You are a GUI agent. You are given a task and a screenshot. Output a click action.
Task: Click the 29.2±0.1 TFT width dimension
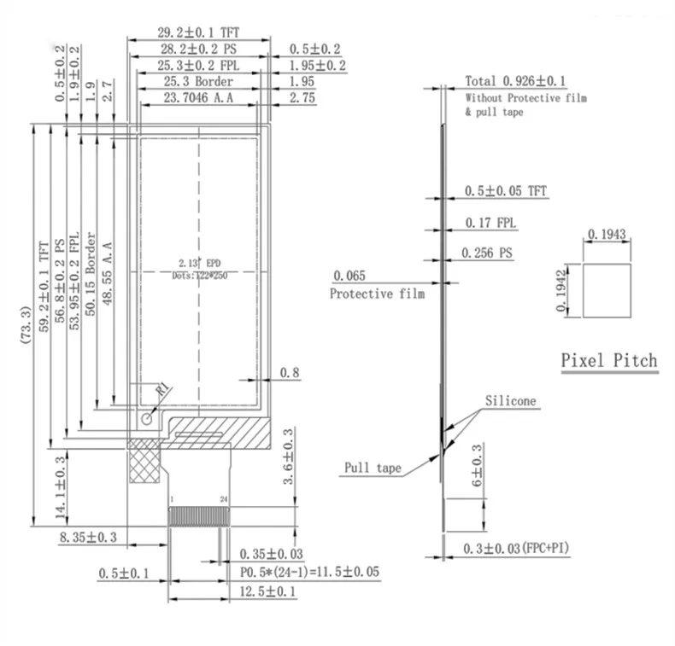(198, 32)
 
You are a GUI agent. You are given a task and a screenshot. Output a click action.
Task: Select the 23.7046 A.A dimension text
(197, 99)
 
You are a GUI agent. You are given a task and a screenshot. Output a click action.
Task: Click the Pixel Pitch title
(609, 360)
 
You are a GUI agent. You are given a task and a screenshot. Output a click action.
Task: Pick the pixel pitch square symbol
(607, 289)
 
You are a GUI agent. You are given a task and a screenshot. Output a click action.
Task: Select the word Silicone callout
(511, 401)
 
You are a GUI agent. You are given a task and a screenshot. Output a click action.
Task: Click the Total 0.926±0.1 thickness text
(515, 81)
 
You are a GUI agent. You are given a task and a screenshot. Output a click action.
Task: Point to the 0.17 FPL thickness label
(489, 224)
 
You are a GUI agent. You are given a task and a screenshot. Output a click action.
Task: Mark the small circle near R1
(147, 418)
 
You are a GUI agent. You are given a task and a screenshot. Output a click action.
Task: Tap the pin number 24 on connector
(223, 498)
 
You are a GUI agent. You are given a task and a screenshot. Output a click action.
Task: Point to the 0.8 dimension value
(290, 372)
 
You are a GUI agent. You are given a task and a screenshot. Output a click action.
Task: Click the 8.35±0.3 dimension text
(100, 537)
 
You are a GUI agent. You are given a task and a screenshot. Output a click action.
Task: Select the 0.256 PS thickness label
(487, 253)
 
